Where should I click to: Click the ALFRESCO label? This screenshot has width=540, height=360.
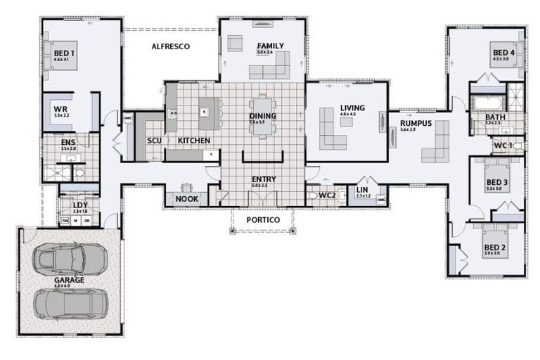click(172, 46)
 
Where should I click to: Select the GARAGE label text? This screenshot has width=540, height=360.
click(69, 280)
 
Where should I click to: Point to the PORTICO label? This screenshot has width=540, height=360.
click(263, 220)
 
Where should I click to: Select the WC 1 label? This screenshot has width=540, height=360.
click(502, 146)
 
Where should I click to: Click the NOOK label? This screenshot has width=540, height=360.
click(186, 199)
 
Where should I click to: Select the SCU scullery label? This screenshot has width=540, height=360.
click(154, 141)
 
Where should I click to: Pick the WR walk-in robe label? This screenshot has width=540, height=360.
click(61, 110)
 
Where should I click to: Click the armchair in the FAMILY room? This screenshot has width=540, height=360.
click(235, 44)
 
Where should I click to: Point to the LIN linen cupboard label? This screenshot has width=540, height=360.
click(363, 190)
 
